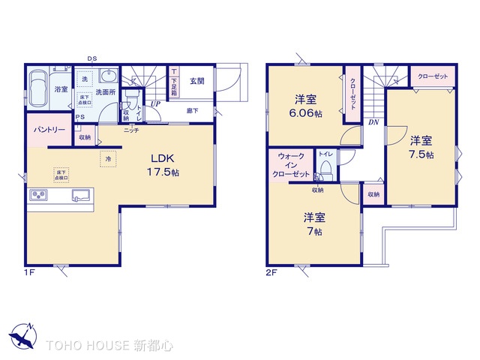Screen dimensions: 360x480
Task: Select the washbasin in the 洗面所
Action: pyautogui.click(x=108, y=77)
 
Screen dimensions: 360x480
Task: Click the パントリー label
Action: pyautogui.click(x=49, y=130)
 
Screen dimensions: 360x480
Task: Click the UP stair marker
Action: pyautogui.click(x=156, y=104)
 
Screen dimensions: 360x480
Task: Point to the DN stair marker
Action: pyautogui.click(x=373, y=121)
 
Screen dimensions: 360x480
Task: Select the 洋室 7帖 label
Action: pyautogui.click(x=313, y=224)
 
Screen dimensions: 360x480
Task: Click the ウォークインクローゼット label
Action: pyautogui.click(x=291, y=165)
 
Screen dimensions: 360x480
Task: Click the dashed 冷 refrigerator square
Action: pyautogui.click(x=108, y=160)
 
